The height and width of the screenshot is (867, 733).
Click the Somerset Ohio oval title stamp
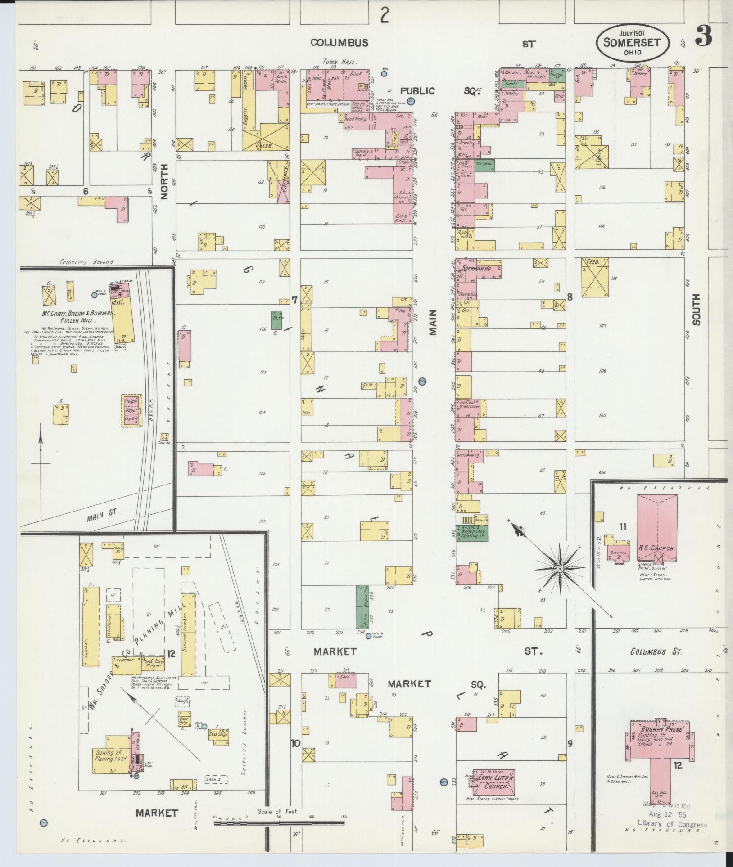click(x=632, y=43)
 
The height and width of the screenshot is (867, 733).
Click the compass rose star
click(x=560, y=569)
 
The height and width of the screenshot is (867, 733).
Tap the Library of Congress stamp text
click(x=672, y=825)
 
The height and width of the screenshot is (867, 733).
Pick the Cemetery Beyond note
click(x=86, y=262)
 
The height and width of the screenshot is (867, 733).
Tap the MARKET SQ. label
click(x=437, y=697)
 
